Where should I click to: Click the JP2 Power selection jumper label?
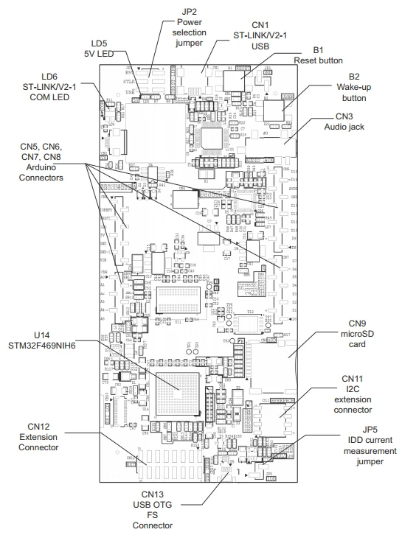(x=186, y=23)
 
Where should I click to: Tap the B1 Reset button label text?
(x=318, y=55)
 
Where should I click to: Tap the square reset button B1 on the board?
(x=235, y=80)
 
